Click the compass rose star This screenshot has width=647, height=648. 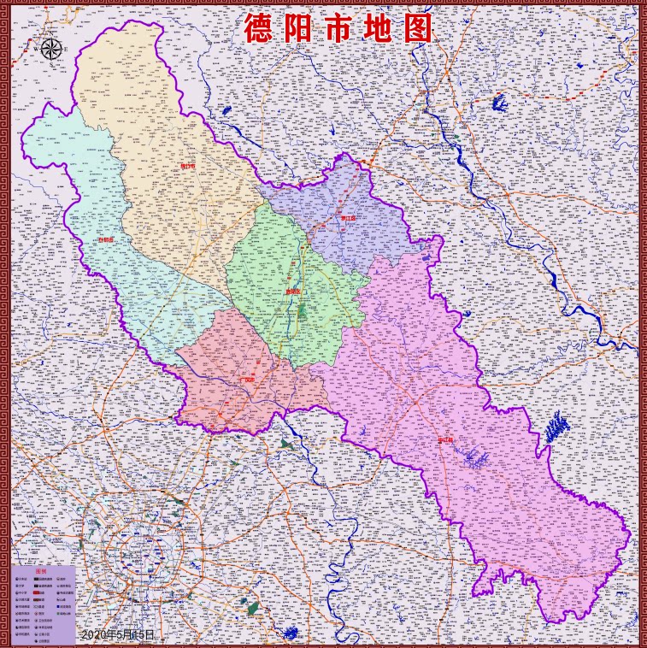[50, 49]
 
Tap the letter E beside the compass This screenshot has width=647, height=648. [66, 50]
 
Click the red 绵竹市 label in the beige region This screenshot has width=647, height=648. [188, 167]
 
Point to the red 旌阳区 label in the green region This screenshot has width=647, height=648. [293, 292]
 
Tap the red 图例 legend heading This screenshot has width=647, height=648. [43, 572]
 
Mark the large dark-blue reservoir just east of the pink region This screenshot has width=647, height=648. [556, 426]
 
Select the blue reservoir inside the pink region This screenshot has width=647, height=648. [475, 459]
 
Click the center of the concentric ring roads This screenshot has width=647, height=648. [139, 551]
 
